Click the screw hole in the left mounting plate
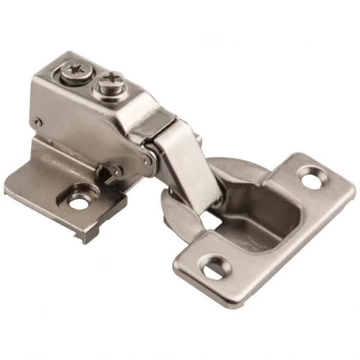pos(78,200)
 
